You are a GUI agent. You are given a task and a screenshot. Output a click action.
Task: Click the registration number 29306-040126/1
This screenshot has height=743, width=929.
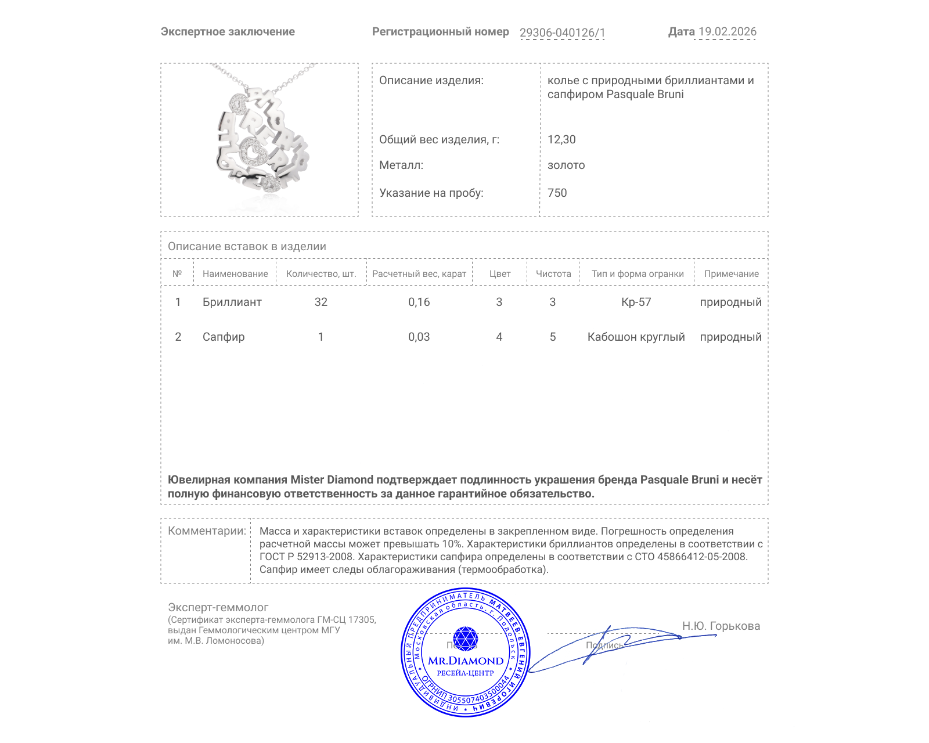(562, 33)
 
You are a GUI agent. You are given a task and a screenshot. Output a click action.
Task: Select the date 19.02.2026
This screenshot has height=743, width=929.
(727, 32)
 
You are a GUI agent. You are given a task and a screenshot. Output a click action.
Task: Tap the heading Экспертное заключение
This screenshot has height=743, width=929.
(228, 32)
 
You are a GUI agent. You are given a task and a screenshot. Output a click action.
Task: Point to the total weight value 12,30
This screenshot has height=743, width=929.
(561, 139)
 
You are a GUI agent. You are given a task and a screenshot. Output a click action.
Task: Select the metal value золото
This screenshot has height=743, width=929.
(566, 165)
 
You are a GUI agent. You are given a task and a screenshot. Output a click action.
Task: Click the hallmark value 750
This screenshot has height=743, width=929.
(557, 193)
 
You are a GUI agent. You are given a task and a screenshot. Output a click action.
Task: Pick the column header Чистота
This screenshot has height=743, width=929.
(553, 274)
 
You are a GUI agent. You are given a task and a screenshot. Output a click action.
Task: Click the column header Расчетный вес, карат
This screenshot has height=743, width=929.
(419, 274)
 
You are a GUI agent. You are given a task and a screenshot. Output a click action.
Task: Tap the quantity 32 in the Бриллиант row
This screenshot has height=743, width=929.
(321, 302)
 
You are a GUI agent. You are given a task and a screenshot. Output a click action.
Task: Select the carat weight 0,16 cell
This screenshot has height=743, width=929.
(419, 302)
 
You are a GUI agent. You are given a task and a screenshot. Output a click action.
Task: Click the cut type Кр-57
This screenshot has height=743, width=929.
(636, 302)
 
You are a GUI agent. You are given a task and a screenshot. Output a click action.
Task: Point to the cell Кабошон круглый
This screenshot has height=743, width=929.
(636, 337)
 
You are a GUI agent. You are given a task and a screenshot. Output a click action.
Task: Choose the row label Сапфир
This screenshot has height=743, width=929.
(224, 337)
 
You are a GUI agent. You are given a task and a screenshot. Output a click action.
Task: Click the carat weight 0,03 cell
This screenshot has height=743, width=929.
(419, 337)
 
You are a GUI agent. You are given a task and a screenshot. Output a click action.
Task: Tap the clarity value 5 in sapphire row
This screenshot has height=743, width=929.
(553, 337)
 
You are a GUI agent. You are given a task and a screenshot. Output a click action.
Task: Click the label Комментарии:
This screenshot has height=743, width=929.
(207, 531)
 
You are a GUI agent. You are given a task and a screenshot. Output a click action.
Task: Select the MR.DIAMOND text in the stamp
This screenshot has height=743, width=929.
(466, 661)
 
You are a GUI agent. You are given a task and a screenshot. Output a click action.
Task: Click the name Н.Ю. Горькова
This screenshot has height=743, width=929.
(721, 626)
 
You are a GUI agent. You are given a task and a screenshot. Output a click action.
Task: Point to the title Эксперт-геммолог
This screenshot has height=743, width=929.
(218, 607)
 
